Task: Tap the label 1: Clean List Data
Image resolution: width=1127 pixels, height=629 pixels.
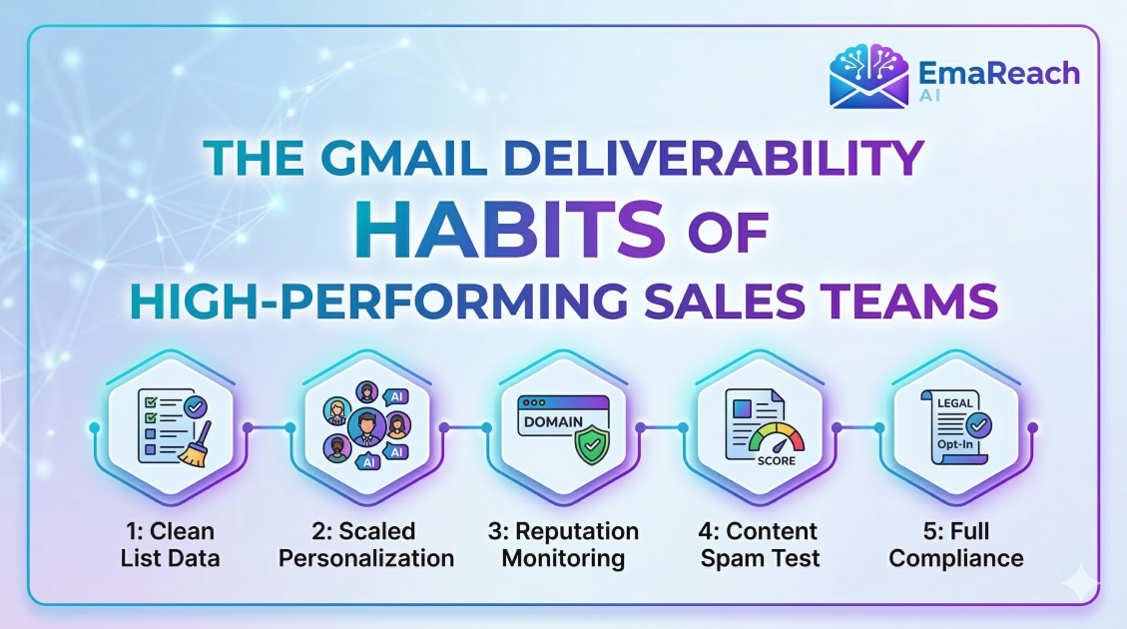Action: coord(168,544)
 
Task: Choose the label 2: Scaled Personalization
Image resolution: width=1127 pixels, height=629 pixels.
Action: coord(365,544)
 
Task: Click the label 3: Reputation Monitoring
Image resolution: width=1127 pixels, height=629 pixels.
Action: coord(563,544)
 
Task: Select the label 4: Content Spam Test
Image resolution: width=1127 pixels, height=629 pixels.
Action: coord(760,544)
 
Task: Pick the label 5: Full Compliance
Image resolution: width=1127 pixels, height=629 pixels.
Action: coord(956,544)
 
